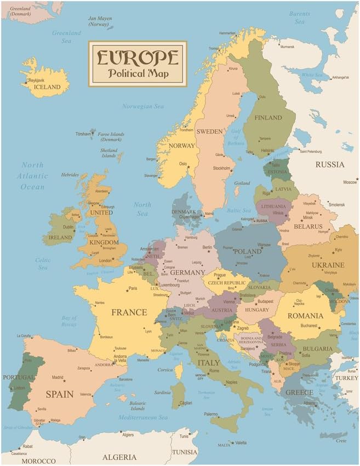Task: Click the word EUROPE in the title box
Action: pos(138,57)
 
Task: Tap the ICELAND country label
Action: pos(48,87)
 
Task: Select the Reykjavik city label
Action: pos(37,80)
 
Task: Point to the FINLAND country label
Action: pos(267,118)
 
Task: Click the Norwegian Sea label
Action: pos(143,106)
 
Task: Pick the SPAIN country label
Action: pos(59,394)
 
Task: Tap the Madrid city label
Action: pos(58,377)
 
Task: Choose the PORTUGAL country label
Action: pos(18,377)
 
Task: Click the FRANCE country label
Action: pos(129,312)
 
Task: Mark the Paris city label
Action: pos(133,289)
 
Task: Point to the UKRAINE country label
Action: pos(328,265)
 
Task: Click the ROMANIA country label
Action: pos(305,316)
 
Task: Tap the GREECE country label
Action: pos(299,392)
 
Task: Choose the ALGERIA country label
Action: pos(119,457)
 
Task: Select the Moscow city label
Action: pos(350,182)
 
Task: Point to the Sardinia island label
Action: pos(162,392)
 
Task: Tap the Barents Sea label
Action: pos(299,19)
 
